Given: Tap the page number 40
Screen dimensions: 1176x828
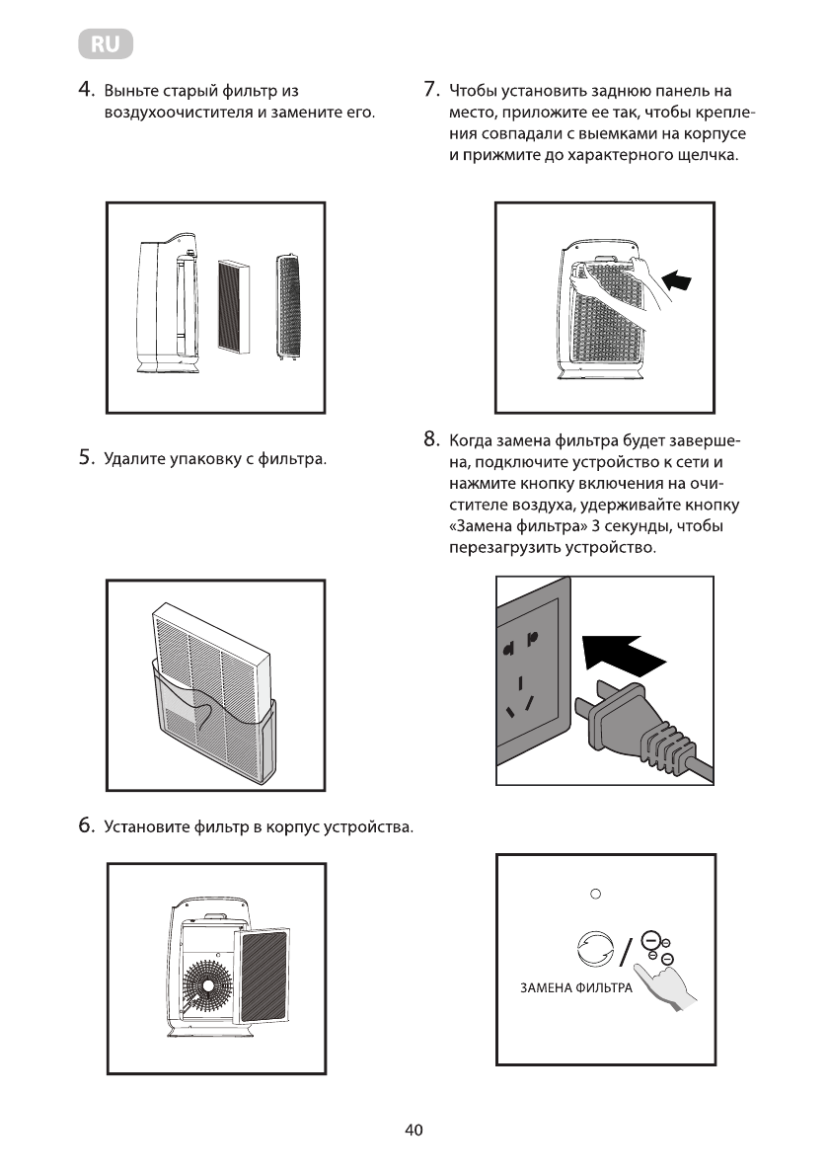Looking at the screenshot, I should pyautogui.click(x=414, y=1132).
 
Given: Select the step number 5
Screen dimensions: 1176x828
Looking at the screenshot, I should pyautogui.click(x=86, y=458).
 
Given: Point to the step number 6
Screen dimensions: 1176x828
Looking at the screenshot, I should pyautogui.click(x=86, y=825).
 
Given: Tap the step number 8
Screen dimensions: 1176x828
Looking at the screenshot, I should pyautogui.click(x=430, y=438).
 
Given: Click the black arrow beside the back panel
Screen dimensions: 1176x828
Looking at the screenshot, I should pyautogui.click(x=677, y=281).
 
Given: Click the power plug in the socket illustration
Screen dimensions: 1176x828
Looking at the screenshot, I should pyautogui.click(x=632, y=726).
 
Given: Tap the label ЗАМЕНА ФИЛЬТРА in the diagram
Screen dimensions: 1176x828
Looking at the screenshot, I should pyautogui.click(x=575, y=988).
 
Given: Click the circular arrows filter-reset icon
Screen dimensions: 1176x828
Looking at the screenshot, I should pyautogui.click(x=595, y=949).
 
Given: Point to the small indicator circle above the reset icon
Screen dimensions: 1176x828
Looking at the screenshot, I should pyautogui.click(x=595, y=895).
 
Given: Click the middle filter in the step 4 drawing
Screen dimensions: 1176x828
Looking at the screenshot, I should pyautogui.click(x=234, y=305).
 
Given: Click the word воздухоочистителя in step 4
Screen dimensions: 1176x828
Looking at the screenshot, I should pyautogui.click(x=179, y=114).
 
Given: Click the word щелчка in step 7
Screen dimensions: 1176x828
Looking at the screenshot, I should pyautogui.click(x=706, y=157).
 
